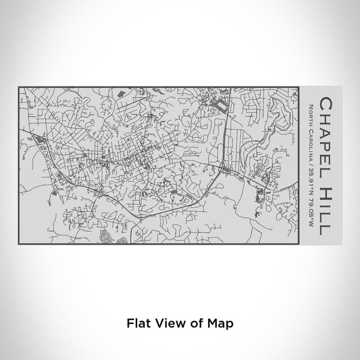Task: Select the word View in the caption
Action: coord(165,323)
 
